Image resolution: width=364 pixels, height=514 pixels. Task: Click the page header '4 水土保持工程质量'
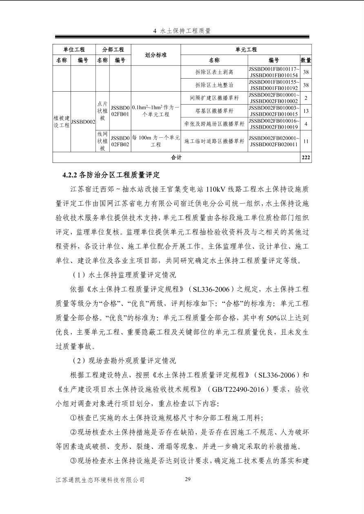tap(182, 31)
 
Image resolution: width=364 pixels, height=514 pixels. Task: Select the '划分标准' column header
tap(156, 55)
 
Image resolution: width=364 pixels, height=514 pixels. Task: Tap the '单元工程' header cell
tap(246, 49)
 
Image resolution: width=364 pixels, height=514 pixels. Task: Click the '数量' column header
tap(306, 60)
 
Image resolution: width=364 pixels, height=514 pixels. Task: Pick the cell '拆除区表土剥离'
tap(214, 72)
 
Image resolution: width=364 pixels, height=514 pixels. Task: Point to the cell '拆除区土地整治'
tap(214, 85)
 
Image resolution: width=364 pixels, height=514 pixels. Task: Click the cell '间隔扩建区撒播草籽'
tap(214, 98)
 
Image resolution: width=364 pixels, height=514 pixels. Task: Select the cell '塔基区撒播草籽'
tap(214, 111)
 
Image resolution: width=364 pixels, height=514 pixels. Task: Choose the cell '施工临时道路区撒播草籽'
tap(214, 141)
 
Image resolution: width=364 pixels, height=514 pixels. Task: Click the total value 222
tap(306, 157)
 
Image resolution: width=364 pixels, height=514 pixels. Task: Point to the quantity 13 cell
tap(306, 111)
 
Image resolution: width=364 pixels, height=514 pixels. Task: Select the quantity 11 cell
tap(306, 141)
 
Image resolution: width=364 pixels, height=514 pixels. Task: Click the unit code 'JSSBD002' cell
tap(83, 121)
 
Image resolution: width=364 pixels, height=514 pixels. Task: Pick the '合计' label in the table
tap(176, 157)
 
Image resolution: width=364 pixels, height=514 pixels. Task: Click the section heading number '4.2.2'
tap(71, 175)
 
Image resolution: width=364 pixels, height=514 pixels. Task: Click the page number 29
tap(188, 479)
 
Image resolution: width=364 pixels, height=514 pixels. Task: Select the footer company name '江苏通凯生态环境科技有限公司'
tap(100, 480)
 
